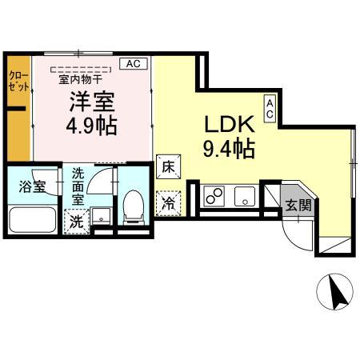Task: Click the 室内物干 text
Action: tap(80, 78)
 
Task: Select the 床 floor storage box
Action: tap(168, 166)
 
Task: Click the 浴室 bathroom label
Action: tap(32, 188)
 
